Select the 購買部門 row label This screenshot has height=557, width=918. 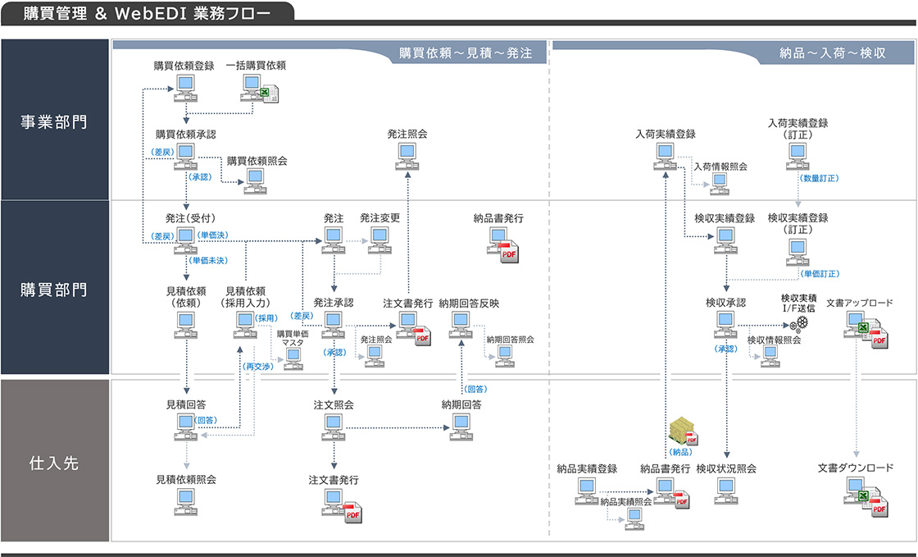(x=54, y=290)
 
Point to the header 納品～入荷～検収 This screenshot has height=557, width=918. (x=832, y=53)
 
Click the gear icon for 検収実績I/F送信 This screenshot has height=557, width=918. (x=800, y=324)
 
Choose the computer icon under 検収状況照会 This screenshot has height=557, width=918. (x=725, y=489)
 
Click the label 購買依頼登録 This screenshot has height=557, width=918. (x=184, y=66)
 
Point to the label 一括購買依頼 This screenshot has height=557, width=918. (x=256, y=66)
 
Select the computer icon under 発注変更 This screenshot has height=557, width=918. (x=379, y=238)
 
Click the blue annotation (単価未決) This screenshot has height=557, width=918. (x=210, y=260)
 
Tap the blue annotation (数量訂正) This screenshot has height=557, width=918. (x=819, y=177)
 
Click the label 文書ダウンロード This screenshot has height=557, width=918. (x=855, y=468)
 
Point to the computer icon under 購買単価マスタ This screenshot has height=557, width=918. (x=293, y=358)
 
